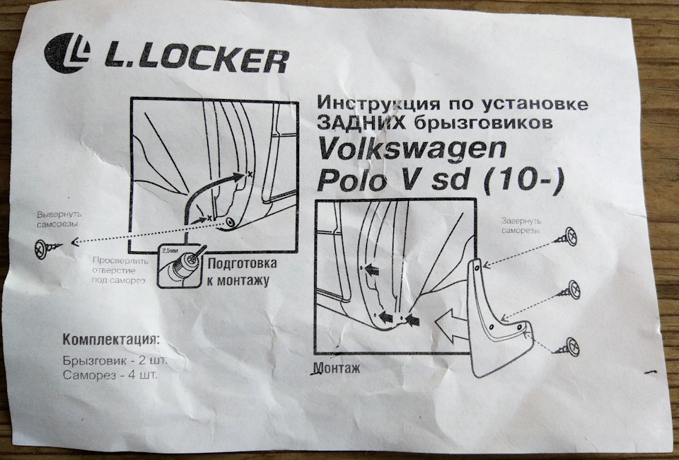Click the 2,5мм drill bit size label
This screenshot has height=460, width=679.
click(x=170, y=251)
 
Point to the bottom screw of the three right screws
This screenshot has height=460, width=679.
click(x=569, y=345)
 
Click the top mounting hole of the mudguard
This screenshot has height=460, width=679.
click(x=479, y=267)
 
